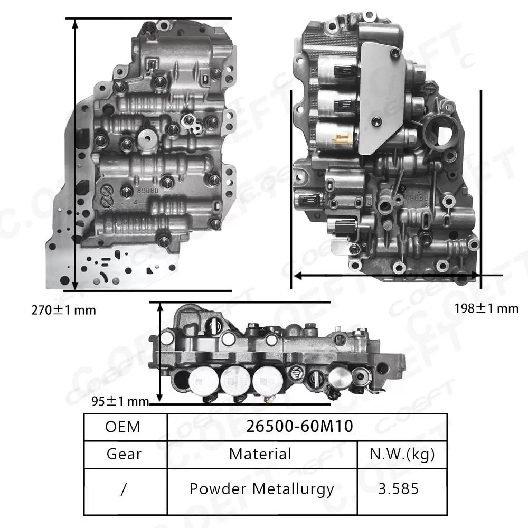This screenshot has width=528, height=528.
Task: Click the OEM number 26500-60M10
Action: pyautogui.click(x=299, y=427)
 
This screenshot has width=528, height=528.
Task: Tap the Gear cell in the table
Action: pyautogui.click(x=124, y=454)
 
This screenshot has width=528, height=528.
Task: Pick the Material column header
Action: pyautogui.click(x=260, y=454)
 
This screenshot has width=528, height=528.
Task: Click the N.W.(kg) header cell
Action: pyautogui.click(x=402, y=454)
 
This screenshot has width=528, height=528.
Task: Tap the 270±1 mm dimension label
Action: pyautogui.click(x=63, y=310)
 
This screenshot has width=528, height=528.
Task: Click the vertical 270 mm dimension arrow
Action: pyautogui.click(x=76, y=153)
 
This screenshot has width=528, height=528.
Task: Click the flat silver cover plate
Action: pyautogui.click(x=380, y=95)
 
